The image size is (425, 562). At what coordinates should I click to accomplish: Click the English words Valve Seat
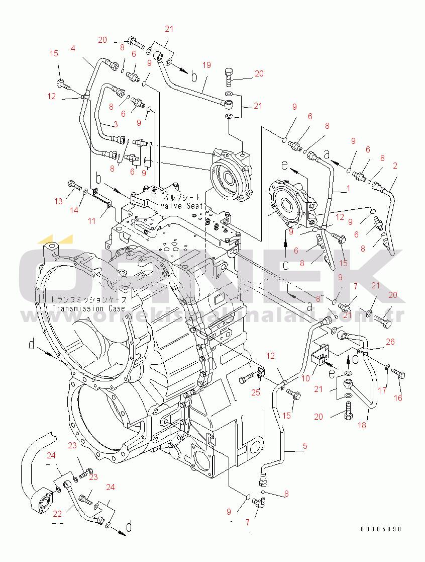182,206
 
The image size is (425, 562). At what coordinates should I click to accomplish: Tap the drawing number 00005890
381,529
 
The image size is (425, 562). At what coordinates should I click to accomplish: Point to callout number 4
73,48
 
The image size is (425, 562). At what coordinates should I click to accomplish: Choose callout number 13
59,201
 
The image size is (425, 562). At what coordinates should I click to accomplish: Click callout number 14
74,210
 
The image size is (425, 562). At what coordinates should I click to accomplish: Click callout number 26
390,342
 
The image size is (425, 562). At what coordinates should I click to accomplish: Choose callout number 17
382,390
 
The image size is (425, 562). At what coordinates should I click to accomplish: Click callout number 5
304,445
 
